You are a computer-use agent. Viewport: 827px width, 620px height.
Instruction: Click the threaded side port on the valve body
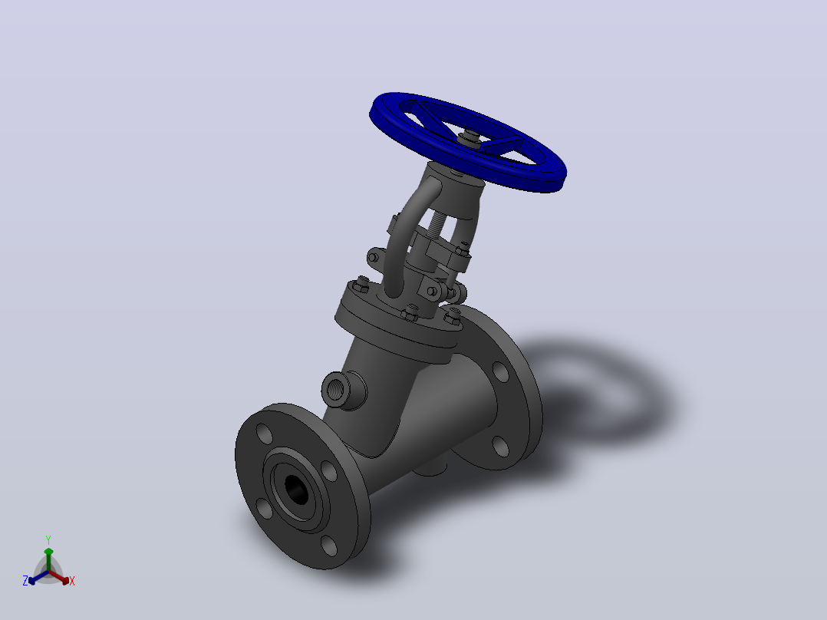pyautogui.click(x=338, y=390)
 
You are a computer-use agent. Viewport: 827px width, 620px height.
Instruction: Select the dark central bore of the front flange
pyautogui.click(x=297, y=489)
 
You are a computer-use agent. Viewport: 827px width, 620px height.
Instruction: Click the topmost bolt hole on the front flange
pyautogui.click(x=264, y=434)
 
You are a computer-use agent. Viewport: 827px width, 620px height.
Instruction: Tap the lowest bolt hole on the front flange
pyautogui.click(x=328, y=546)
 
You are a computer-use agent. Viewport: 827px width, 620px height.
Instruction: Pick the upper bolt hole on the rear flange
pyautogui.click(x=500, y=371)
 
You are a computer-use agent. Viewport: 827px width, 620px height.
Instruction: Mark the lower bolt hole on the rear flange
pyautogui.click(x=500, y=447)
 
